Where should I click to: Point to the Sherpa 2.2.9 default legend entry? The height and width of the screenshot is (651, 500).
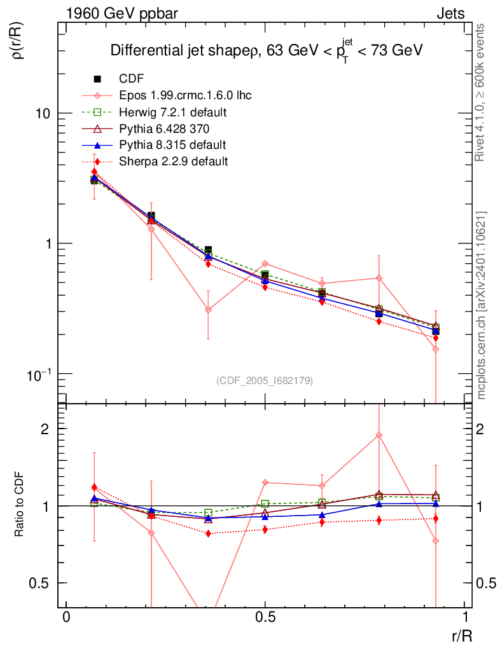173,161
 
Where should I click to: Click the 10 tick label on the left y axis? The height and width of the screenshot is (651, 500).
43,114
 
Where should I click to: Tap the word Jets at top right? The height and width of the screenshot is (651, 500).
450,13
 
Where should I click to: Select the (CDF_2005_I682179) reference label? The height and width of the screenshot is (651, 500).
265,380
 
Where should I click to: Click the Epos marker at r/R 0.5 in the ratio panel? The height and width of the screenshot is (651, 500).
265,483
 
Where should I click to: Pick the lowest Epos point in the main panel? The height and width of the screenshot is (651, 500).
436,349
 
